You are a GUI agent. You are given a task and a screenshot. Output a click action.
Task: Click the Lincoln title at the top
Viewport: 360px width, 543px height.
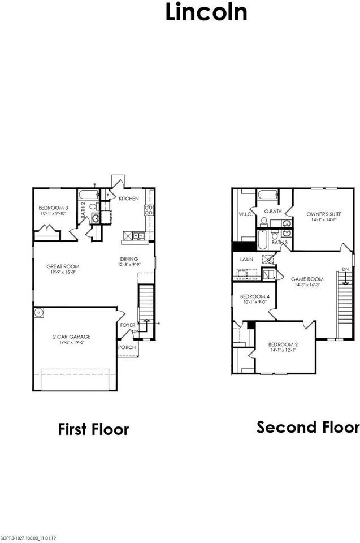click(206, 12)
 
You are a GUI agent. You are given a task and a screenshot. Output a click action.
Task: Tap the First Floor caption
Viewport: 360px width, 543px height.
click(93, 429)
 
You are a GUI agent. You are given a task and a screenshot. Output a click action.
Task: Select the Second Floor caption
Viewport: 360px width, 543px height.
click(308, 427)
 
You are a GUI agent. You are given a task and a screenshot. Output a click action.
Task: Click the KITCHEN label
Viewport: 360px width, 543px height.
click(129, 199)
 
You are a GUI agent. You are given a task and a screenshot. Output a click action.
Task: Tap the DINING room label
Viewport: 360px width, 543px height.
click(129, 258)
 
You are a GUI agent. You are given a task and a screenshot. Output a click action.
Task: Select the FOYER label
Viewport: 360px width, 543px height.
click(127, 325)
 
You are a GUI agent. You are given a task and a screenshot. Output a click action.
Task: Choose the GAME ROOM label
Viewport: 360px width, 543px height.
click(307, 279)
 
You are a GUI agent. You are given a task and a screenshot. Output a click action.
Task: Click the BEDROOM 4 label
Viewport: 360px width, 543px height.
click(254, 297)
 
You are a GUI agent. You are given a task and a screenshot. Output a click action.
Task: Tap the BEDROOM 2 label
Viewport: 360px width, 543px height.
click(283, 344)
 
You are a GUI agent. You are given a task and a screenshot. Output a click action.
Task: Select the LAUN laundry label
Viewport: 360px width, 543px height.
click(246, 259)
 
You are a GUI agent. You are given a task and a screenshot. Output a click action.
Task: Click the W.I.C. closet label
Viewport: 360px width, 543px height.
click(245, 214)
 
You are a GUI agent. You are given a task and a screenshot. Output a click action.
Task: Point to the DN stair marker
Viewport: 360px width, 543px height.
click(345, 269)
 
